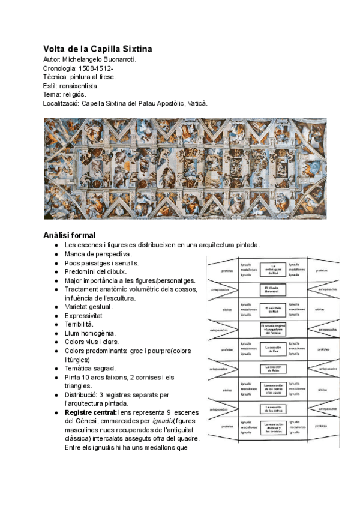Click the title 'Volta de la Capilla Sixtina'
(98, 48)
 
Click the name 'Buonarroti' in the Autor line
(118, 60)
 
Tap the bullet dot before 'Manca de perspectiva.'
(55, 254)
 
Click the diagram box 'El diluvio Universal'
(273, 289)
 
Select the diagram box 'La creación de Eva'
(273, 348)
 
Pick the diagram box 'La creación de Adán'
(273, 368)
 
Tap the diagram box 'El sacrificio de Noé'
(273, 309)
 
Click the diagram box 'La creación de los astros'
(273, 408)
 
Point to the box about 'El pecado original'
(273, 329)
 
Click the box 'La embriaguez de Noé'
(273, 268)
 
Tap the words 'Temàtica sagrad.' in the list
(91, 368)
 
